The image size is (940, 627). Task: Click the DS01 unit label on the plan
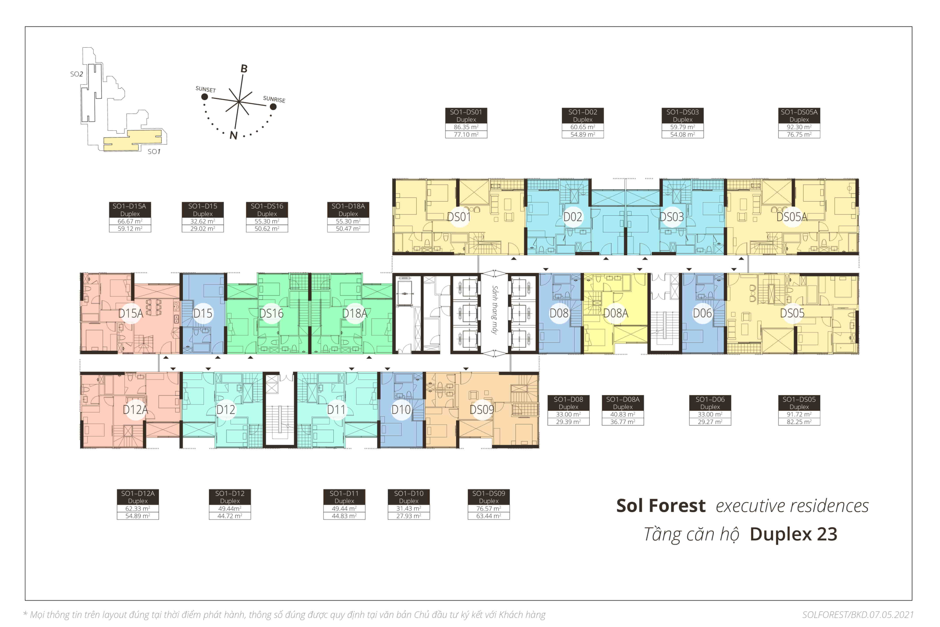pyautogui.click(x=458, y=217)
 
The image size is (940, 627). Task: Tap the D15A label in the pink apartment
pyautogui.click(x=130, y=313)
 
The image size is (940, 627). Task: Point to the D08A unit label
pyautogui.click(x=616, y=313)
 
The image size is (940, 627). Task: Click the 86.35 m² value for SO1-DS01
pyautogui.click(x=466, y=127)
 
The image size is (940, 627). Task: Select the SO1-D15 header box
pyautogui.click(x=202, y=210)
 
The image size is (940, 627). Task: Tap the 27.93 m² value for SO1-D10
pyautogui.click(x=408, y=516)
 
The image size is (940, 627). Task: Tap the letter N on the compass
pyautogui.click(x=234, y=135)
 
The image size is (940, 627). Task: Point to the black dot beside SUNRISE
pyautogui.click(x=273, y=107)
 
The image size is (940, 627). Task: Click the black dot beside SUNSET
pyautogui.click(x=205, y=97)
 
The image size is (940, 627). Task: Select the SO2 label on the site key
pyautogui.click(x=76, y=74)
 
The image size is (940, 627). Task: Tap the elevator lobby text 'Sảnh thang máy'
pyautogui.click(x=495, y=310)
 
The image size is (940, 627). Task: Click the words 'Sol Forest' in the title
pyautogui.click(x=661, y=506)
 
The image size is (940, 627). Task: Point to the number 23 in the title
pyautogui.click(x=827, y=534)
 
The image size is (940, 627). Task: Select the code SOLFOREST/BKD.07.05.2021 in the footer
pyautogui.click(x=858, y=615)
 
